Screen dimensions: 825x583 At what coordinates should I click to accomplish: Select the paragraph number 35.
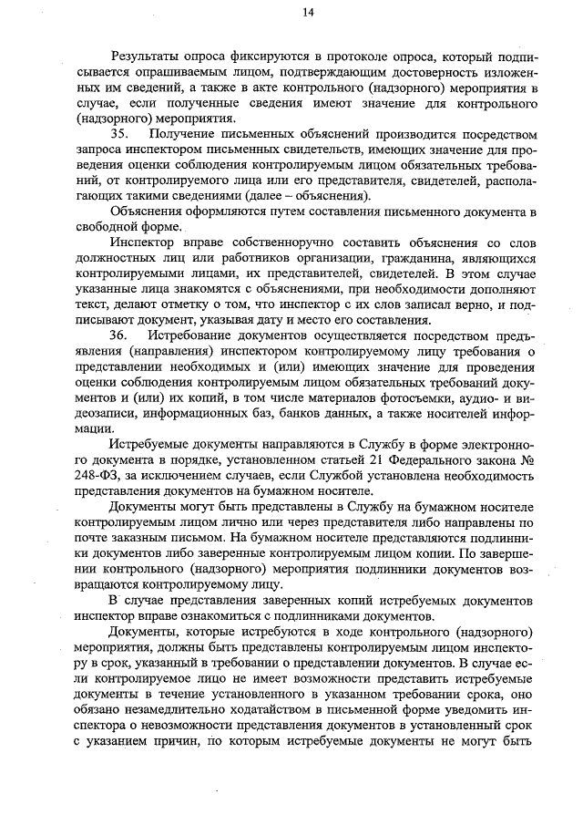click(121, 134)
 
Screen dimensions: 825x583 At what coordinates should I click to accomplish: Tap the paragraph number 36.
click(121, 336)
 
